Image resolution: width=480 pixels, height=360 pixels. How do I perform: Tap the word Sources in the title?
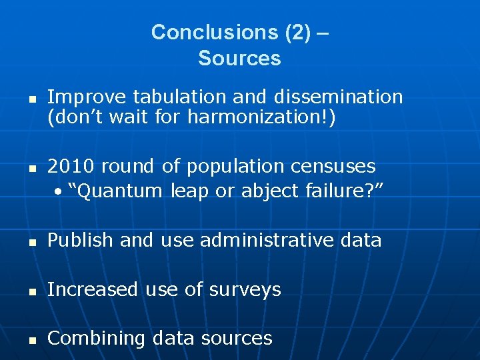coord(239,59)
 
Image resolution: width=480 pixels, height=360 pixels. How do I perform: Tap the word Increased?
coord(93,289)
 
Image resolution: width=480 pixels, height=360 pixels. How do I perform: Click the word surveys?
coord(247,289)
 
